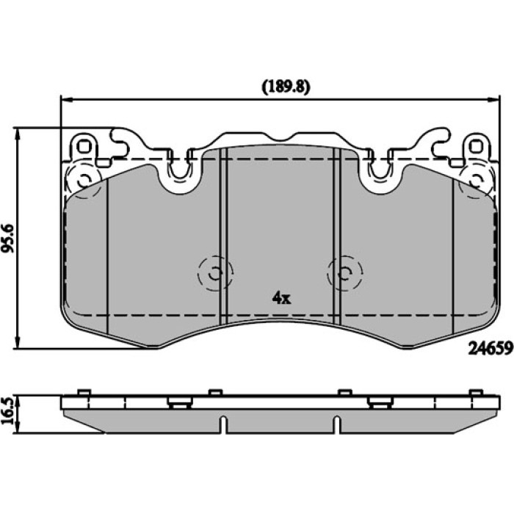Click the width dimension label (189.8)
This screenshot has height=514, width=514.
point(286,87)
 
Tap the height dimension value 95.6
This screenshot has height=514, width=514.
point(8,239)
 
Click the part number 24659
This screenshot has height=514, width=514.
point(491,348)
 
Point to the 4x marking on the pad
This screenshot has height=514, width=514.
point(281,298)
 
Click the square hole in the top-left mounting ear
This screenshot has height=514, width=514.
point(84,147)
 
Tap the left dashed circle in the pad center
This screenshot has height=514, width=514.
point(215,272)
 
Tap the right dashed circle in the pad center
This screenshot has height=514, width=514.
point(345,272)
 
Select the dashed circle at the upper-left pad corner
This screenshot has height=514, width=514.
point(84,179)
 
